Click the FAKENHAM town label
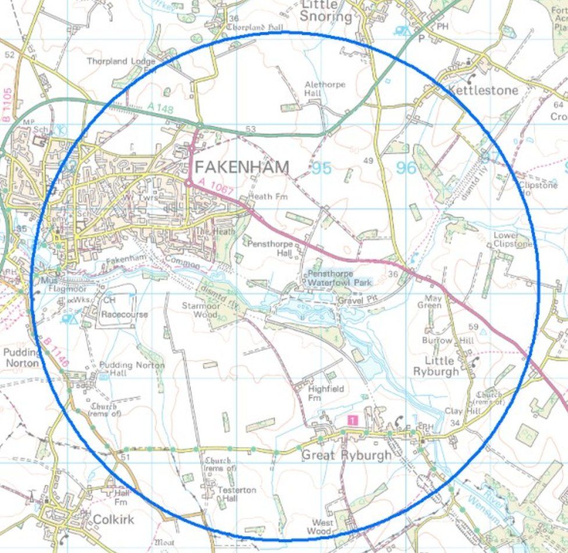pos(242,167)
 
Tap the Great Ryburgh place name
pos(346,455)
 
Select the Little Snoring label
pos(326,11)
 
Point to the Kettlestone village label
pos(482,90)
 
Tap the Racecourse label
pos(125,315)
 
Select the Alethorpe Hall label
pos(325,89)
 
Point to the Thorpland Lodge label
pos(121,61)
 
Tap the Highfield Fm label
pos(326,393)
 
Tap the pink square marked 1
pos(352,420)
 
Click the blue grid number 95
pos(321,168)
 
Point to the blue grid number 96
pos(406,168)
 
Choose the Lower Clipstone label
pos(513,239)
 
